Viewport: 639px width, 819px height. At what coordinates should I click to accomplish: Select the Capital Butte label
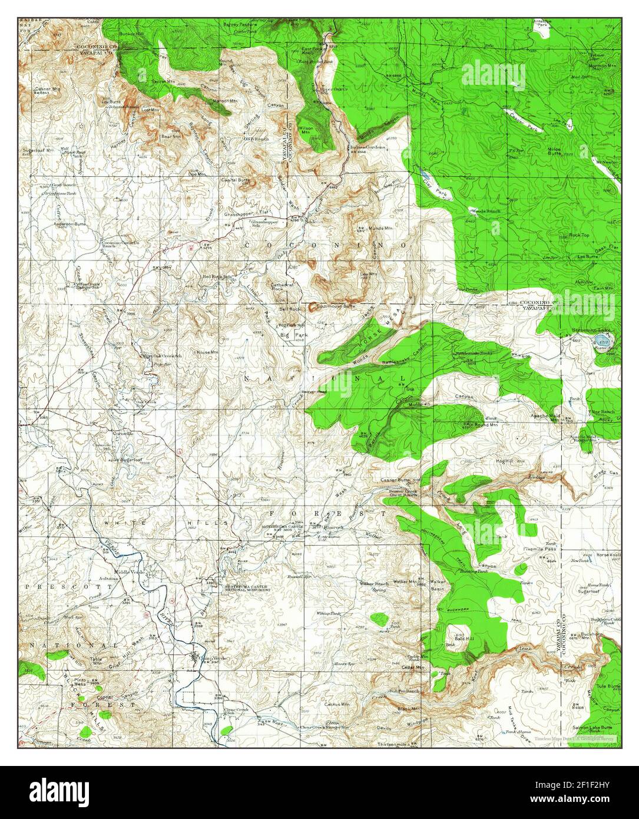236,180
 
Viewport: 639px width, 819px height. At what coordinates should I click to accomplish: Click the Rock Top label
579,235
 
